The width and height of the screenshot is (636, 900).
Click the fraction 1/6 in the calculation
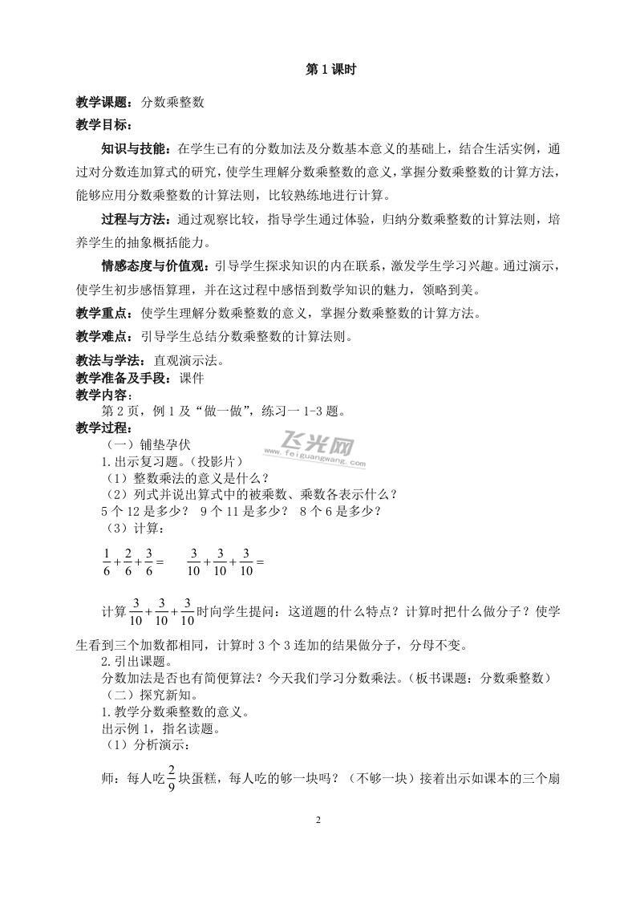click(x=106, y=563)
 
